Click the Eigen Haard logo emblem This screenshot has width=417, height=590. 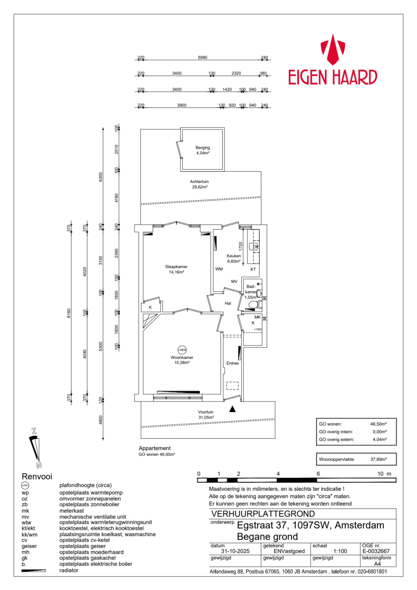tap(332, 50)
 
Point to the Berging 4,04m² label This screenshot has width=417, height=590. tap(203, 150)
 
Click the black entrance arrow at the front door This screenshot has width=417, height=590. tap(233, 409)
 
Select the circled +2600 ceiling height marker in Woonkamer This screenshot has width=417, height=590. tap(182, 350)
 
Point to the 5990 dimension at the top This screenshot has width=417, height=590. tap(203, 58)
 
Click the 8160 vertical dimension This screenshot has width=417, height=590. tap(69, 313)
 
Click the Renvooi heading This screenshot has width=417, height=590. tap(37, 477)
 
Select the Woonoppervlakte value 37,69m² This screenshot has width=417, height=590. tap(378, 459)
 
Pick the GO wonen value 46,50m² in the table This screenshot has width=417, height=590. tap(378, 424)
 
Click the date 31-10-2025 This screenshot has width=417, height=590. tap(235, 551)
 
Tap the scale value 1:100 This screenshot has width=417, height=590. tap(340, 551)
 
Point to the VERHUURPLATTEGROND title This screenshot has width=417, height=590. tap(263, 514)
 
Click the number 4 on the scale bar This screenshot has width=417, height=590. tap(278, 474)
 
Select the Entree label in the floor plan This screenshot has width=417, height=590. tap(233, 363)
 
